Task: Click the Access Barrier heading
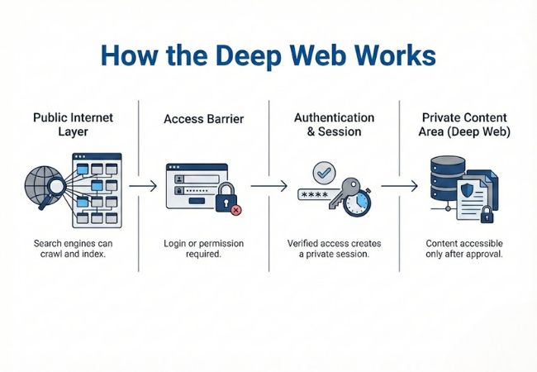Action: (x=203, y=118)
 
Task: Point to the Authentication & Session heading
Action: (x=334, y=125)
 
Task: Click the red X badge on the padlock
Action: (x=237, y=211)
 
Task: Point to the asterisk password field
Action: (x=317, y=196)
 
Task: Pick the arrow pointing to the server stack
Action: (x=399, y=187)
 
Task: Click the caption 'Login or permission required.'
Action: (x=203, y=250)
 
